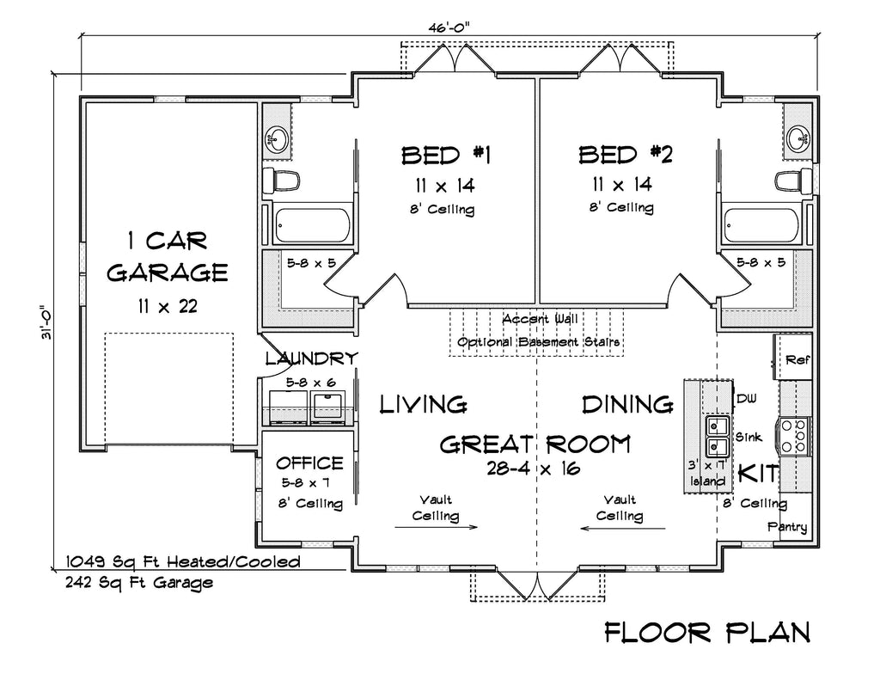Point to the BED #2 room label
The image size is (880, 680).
(625, 155)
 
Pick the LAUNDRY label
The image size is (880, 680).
(310, 358)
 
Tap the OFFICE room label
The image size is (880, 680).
(309, 463)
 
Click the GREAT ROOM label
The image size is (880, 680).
(535, 444)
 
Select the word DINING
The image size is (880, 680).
(626, 403)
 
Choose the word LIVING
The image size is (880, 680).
(423, 403)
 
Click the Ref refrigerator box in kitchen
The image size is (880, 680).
(795, 359)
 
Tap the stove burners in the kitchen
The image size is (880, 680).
(794, 435)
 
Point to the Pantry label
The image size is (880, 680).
(787, 527)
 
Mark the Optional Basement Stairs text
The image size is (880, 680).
(539, 342)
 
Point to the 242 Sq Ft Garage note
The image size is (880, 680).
(139, 582)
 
